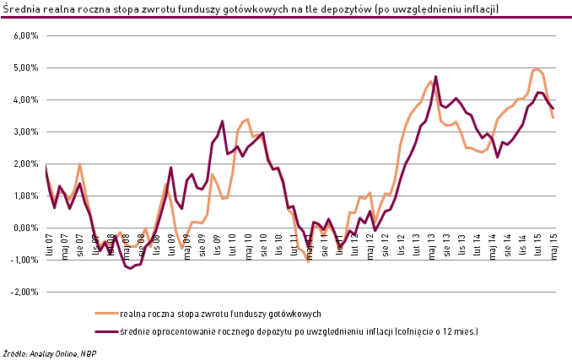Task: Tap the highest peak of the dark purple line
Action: coord(436,77)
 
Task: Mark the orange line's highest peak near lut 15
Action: coord(537,69)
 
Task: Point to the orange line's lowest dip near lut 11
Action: coord(309,261)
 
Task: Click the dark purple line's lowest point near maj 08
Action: coord(132,268)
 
